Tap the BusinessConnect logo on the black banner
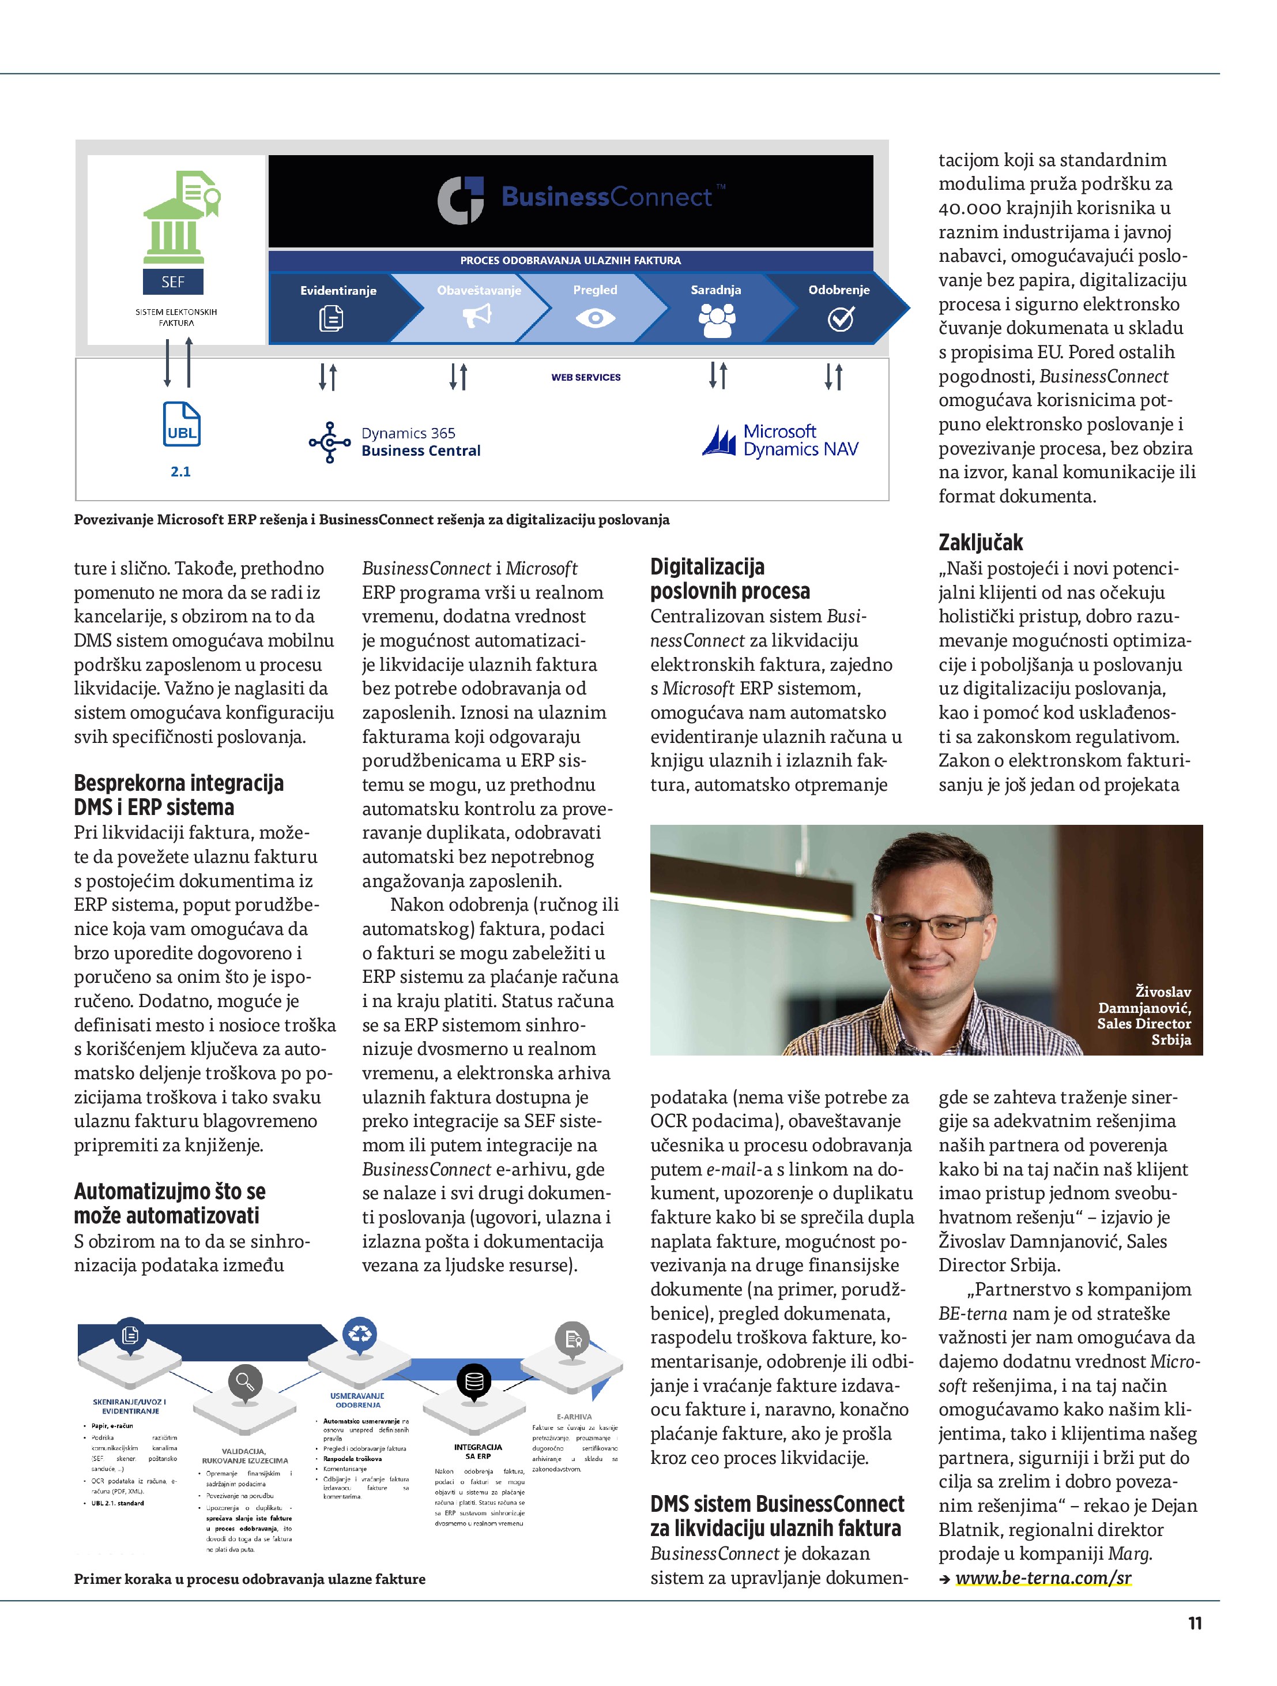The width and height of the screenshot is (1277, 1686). (x=581, y=199)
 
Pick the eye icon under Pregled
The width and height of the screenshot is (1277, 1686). (x=595, y=318)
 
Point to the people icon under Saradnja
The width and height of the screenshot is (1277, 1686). (x=716, y=318)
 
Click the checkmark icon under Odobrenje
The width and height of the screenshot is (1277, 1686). (x=841, y=318)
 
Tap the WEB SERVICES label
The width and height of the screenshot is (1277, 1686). (x=586, y=377)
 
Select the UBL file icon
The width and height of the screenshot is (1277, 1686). (x=182, y=425)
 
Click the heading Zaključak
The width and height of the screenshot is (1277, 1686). (x=980, y=543)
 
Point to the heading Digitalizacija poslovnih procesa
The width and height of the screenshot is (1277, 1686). (x=729, y=579)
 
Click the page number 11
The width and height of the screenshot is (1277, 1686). (x=1195, y=1624)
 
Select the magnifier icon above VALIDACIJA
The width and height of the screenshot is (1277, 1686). (x=244, y=1381)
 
